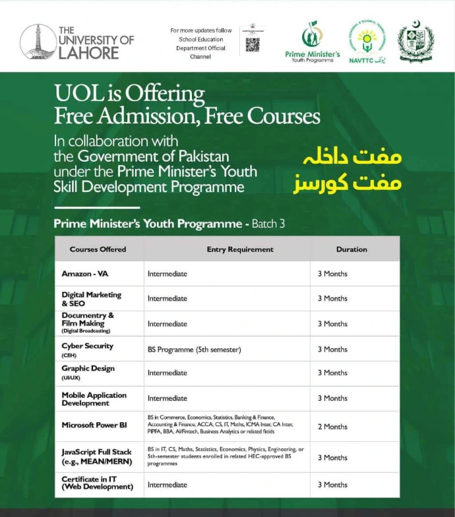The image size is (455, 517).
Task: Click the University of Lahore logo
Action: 76,42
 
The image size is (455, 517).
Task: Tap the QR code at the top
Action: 252,44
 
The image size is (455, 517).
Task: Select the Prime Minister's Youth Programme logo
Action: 312,42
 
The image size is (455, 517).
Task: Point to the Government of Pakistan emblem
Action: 415,42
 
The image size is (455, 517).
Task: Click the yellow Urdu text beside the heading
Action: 348,171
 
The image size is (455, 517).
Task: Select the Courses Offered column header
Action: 98,249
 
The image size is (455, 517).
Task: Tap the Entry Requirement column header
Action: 240,249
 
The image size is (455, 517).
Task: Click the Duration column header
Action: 351,249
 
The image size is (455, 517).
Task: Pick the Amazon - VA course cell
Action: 85,274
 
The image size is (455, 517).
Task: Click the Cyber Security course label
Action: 88,346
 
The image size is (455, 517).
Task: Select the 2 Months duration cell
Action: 332,427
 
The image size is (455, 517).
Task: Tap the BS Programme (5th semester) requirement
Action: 195,350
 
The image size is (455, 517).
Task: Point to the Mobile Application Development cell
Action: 94,399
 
